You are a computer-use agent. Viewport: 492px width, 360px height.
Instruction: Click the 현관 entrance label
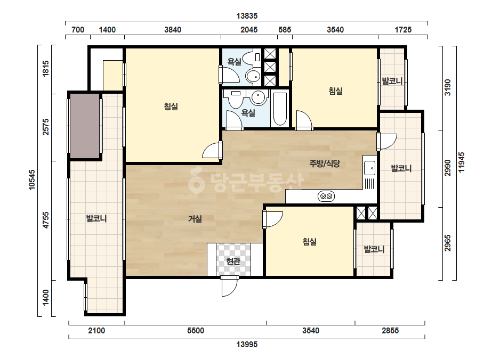(233, 261)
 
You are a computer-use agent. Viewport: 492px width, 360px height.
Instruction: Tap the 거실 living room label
(195, 218)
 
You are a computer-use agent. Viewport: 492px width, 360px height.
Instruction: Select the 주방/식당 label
(325, 163)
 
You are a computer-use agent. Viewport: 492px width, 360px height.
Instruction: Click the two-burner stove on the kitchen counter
(326, 197)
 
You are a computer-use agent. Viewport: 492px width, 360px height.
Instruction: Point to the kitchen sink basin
(369, 168)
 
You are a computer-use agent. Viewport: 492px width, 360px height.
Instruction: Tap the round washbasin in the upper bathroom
(253, 76)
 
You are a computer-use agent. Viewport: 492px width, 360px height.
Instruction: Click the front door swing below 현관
(229, 287)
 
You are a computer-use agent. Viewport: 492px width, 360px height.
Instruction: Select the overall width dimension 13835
(247, 15)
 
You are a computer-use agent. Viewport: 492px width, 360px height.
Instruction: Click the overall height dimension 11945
(461, 162)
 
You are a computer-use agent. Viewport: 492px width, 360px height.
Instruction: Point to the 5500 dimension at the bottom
(196, 331)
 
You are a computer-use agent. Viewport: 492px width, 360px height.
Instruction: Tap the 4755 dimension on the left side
(46, 220)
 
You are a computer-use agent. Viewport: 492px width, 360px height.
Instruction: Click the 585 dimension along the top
(285, 30)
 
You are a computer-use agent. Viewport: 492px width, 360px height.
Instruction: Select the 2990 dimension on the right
(447, 168)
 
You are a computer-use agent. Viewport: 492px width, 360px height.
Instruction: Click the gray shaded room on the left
(85, 126)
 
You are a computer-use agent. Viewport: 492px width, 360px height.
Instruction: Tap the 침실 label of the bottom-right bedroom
(309, 241)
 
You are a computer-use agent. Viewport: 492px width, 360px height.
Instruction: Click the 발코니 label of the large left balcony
(96, 218)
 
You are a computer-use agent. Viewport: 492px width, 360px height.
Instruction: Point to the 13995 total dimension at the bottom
(247, 345)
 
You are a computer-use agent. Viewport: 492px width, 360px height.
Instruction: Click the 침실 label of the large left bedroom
(171, 107)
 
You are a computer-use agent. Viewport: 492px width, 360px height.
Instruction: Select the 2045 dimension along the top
(249, 30)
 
